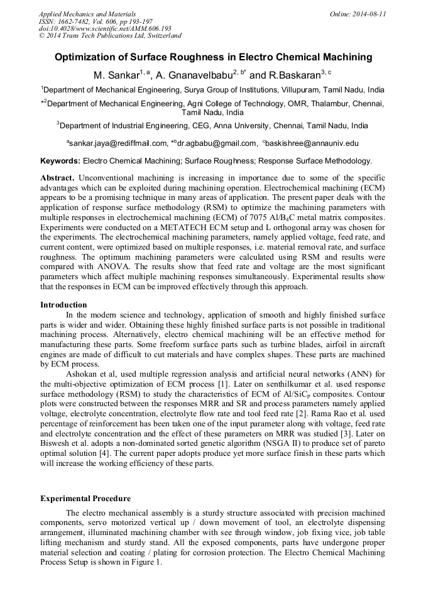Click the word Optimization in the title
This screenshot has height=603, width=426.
(x=88, y=57)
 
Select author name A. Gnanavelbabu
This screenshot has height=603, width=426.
(x=195, y=75)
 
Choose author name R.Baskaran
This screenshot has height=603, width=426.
(x=295, y=75)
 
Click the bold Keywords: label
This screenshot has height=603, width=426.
(x=60, y=161)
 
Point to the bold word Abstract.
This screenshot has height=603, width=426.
(x=58, y=178)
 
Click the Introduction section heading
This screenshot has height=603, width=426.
(x=63, y=304)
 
